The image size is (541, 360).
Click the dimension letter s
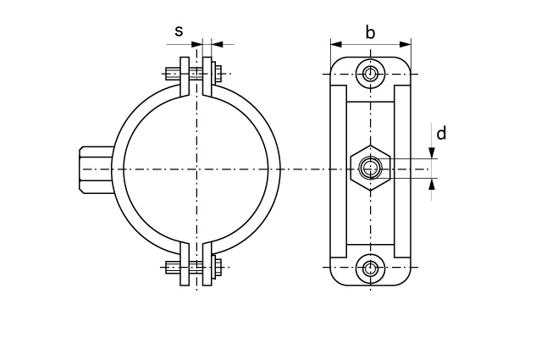coord(179,31)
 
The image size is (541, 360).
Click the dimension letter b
coord(370,33)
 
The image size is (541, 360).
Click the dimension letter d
coord(441,133)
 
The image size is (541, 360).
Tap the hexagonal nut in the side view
coord(371,168)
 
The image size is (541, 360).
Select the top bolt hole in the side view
coord(371,74)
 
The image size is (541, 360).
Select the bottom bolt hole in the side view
coord(371,267)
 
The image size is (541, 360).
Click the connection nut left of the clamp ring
coord(97,169)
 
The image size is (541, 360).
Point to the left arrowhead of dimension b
coord(336,44)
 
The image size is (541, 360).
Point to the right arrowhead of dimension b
coord(406,44)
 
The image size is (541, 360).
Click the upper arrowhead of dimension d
coord(431,153)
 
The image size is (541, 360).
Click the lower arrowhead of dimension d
coord(431,185)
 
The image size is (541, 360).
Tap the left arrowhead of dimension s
coord(196,44)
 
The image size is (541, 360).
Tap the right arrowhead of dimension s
coord(217,44)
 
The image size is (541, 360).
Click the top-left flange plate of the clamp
coord(185,76)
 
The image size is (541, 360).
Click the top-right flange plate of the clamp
coord(207,76)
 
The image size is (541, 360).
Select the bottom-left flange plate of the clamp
coord(185,264)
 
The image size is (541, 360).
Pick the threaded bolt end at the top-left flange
coord(173,74)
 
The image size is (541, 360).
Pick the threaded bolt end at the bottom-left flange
coord(173,267)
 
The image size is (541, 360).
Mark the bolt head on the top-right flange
coord(217,74)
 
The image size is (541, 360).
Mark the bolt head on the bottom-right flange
coord(217,267)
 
